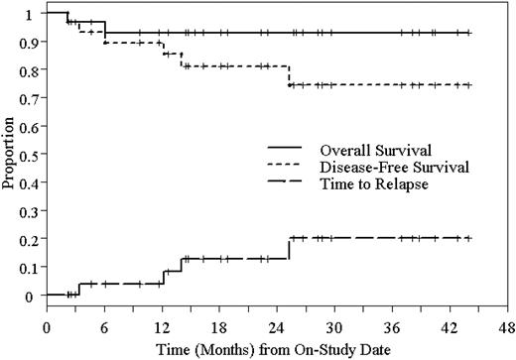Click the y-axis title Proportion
pyautogui.click(x=10, y=154)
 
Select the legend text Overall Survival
pyautogui.click(x=362, y=150)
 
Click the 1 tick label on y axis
pyautogui.click(x=31, y=13)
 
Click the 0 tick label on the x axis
pyautogui.click(x=47, y=326)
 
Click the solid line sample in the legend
pyautogui.click(x=276, y=150)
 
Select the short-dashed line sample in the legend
pyautogui.click(x=276, y=167)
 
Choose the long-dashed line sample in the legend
pyautogui.click(x=276, y=183)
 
